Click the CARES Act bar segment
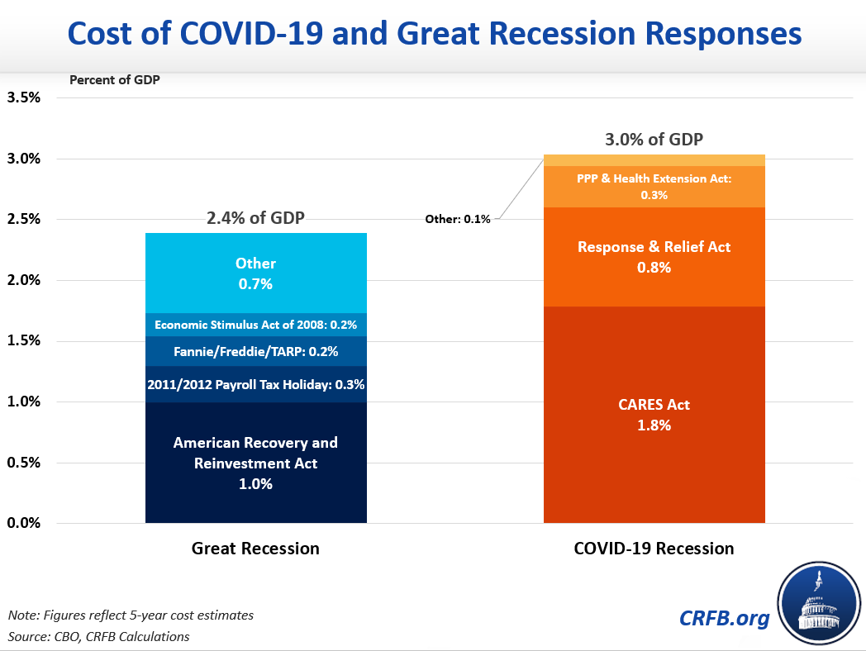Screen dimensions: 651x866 point(654,415)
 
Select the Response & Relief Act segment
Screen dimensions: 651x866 point(654,256)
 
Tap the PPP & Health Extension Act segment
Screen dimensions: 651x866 point(654,187)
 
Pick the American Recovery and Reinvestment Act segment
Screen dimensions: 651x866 point(255,463)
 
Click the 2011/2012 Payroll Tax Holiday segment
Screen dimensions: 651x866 point(255,384)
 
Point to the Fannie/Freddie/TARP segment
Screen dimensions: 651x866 point(255,351)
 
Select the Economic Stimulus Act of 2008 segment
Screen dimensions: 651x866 point(255,325)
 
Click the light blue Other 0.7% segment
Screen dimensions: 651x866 point(255,273)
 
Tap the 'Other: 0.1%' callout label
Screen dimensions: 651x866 point(458,219)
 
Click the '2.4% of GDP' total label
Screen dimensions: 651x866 point(255,219)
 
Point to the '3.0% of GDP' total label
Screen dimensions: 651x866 point(654,139)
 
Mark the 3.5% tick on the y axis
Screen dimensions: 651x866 point(24,97)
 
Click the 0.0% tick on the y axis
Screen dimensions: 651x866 point(24,523)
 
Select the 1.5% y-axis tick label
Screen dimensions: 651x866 point(24,341)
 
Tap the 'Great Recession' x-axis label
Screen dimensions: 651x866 point(255,548)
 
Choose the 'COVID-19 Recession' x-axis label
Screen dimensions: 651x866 point(654,548)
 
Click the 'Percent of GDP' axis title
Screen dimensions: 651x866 point(115,80)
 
